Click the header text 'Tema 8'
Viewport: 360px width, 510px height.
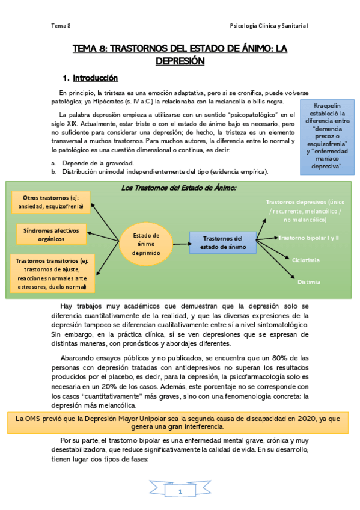pos(61,26)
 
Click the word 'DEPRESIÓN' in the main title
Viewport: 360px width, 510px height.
pos(180,61)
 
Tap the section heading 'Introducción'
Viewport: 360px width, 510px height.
pos(95,78)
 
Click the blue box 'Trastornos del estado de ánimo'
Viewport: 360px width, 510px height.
pos(222,243)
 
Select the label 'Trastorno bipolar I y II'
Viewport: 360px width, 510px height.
pos(308,238)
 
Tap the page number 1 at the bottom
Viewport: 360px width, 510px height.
pos(180,492)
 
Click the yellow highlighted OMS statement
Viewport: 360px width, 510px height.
pos(180,422)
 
